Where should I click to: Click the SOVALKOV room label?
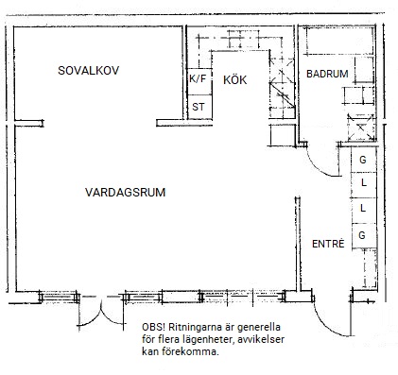click(x=89, y=70)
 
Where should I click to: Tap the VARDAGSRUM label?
click(x=126, y=192)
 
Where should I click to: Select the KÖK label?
click(x=235, y=79)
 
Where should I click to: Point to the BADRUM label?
click(x=327, y=74)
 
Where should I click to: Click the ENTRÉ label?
click(x=328, y=244)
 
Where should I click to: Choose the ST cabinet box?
click(x=199, y=107)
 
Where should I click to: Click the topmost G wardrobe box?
click(x=364, y=160)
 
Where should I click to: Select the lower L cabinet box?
click(x=364, y=211)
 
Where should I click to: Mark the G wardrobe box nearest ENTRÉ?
click(x=364, y=236)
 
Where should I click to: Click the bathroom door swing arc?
click(x=315, y=167)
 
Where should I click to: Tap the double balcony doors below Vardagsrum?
click(x=101, y=312)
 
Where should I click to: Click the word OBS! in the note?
click(x=153, y=327)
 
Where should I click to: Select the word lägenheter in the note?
click(x=206, y=340)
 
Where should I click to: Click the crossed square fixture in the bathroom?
click(x=361, y=128)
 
